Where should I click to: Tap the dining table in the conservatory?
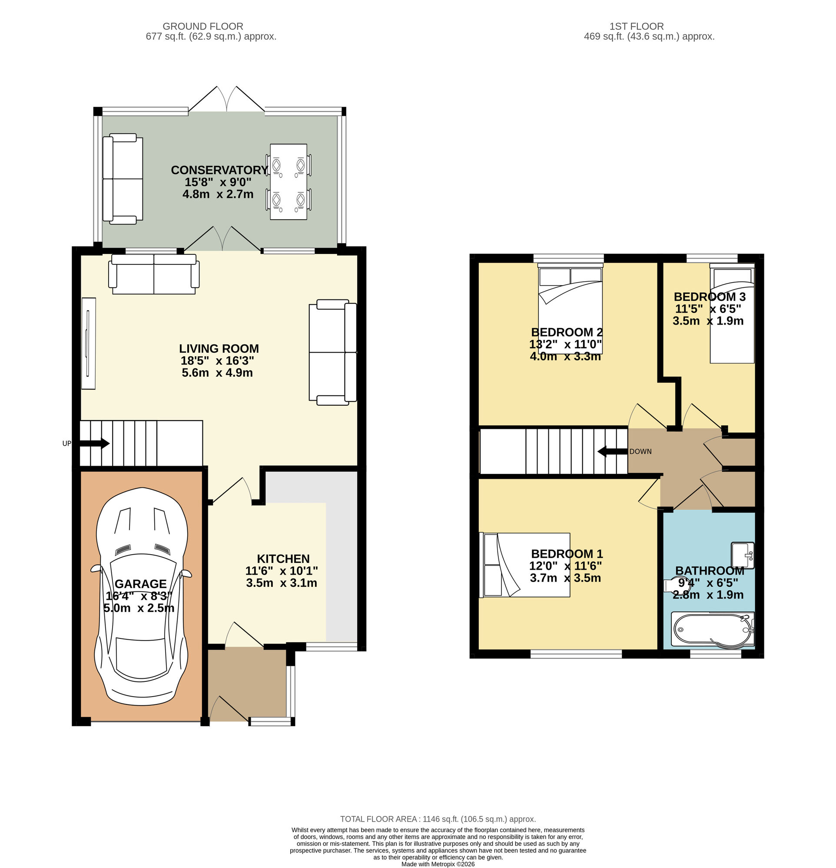288,181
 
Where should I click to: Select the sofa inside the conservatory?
123,178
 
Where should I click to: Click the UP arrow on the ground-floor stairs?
94,443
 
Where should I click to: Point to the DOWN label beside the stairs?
640,452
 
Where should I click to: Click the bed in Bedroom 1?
525,565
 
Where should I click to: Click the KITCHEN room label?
283,559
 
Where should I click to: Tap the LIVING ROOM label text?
219,349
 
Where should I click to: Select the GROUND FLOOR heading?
202,26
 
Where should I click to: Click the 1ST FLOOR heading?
636,26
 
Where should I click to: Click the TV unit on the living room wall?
89,343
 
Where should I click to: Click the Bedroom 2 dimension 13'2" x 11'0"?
565,345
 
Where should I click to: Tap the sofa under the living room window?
153,274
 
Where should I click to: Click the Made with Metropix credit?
438,864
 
